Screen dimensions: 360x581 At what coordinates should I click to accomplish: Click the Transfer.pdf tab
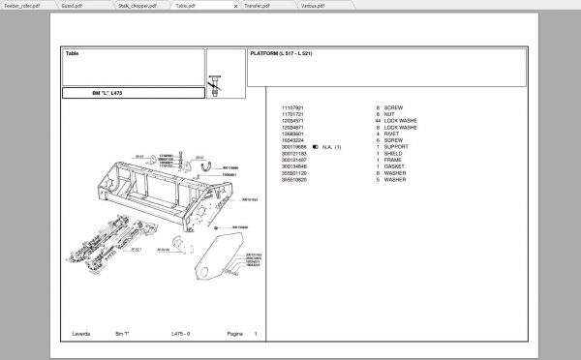[x=257, y=5]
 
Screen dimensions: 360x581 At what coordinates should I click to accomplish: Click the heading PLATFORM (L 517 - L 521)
[x=282, y=53]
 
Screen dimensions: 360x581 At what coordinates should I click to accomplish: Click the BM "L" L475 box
[x=107, y=94]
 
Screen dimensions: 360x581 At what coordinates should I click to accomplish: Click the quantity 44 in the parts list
[x=378, y=121]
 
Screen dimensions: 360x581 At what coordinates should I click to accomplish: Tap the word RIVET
[x=392, y=134]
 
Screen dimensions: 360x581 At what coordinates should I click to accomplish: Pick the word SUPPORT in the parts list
[x=397, y=147]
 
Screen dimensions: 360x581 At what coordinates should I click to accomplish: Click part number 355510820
[x=293, y=180]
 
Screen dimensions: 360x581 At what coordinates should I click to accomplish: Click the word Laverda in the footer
[x=80, y=334]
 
